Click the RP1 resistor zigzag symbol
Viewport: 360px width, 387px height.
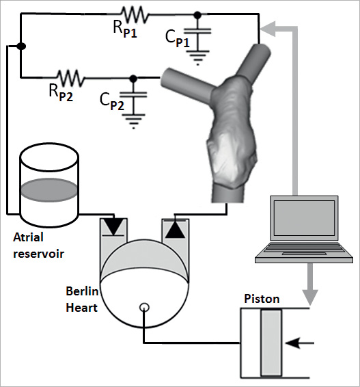coord(135,15)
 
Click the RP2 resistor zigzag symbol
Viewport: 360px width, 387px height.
coord(71,78)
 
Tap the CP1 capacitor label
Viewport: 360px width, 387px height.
coord(178,39)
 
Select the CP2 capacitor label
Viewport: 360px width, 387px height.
coord(112,102)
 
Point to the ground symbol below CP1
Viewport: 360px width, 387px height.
coord(197,57)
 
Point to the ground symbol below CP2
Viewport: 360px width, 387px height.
coord(133,122)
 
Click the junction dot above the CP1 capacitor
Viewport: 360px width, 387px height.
coord(197,15)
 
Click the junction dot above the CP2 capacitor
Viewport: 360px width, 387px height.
coord(133,79)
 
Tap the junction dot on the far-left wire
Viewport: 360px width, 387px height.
coord(21,46)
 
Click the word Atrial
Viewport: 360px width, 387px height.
coord(29,237)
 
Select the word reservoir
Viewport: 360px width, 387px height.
coord(39,254)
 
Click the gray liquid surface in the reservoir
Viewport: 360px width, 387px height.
coord(49,190)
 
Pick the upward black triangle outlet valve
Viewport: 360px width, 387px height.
coord(175,229)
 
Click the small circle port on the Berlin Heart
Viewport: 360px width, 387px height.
coord(144,307)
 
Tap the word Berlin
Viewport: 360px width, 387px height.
coord(82,291)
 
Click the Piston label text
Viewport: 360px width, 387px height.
coord(262,299)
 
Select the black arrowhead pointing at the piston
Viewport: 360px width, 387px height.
coord(292,343)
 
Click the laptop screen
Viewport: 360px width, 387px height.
coord(304,217)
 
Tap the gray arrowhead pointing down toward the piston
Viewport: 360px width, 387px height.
coord(310,297)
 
